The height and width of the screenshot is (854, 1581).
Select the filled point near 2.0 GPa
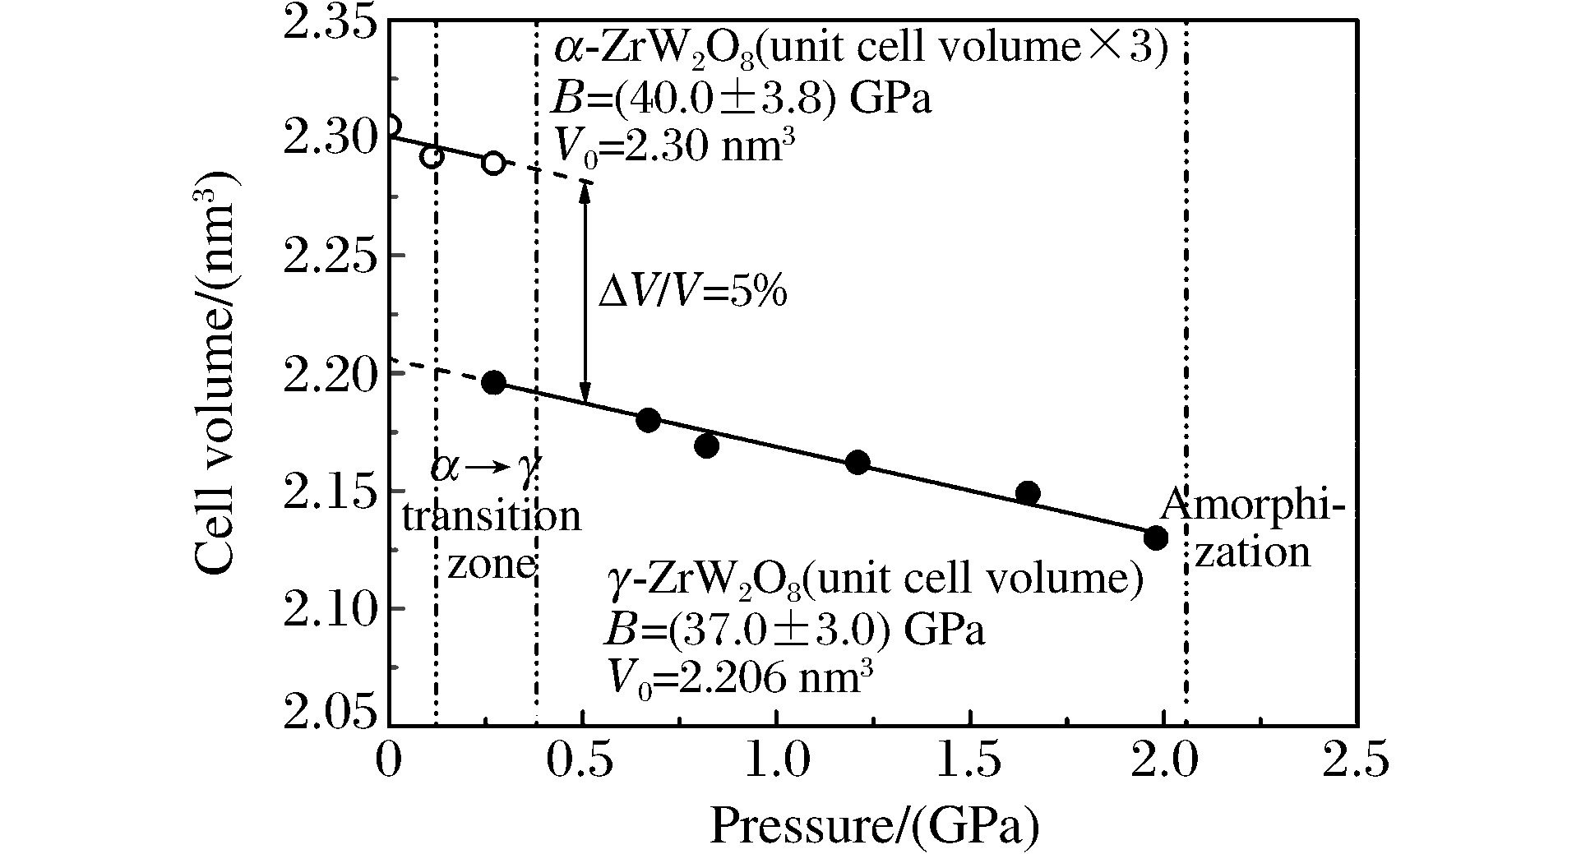tap(1156, 538)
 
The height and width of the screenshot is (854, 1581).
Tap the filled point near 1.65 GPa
tap(1028, 493)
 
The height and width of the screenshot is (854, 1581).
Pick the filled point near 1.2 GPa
tap(858, 463)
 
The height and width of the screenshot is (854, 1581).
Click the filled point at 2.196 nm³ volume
tap(493, 382)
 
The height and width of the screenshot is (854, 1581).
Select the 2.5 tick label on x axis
tap(1357, 760)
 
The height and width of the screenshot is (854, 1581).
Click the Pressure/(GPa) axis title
tap(874, 825)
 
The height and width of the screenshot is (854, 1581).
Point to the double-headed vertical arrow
tap(585, 292)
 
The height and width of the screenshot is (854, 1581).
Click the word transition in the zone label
tap(491, 517)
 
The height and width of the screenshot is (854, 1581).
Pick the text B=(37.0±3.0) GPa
tap(794, 631)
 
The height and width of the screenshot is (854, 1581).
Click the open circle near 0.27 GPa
tap(493, 163)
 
